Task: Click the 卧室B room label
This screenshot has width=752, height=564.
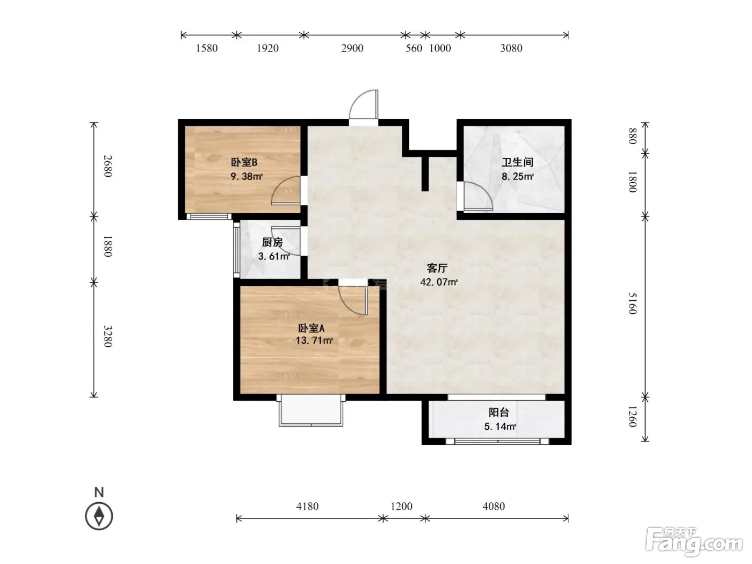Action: pos(244,162)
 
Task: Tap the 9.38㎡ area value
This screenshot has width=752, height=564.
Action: pos(247,176)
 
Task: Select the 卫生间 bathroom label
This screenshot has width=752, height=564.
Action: pos(517,162)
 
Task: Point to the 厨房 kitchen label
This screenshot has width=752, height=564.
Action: pos(272,242)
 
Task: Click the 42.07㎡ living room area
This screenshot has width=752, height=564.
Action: pos(439,282)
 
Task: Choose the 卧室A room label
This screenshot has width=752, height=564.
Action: pos(311,328)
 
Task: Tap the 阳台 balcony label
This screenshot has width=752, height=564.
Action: pos(498,413)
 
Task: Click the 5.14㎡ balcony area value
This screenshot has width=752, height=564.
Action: pos(500,426)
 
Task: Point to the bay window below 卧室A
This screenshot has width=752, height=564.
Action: pos(310,410)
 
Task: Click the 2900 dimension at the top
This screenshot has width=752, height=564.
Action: pos(352,48)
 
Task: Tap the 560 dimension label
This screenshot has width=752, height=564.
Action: pos(414,48)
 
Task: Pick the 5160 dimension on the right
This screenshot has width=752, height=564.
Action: pos(632,303)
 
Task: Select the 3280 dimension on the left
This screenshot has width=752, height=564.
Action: pos(108,336)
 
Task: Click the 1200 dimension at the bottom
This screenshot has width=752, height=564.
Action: pos(401,506)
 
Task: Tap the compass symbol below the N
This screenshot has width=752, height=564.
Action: pos(99,516)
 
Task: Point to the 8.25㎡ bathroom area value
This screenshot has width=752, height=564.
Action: pos(517,176)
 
